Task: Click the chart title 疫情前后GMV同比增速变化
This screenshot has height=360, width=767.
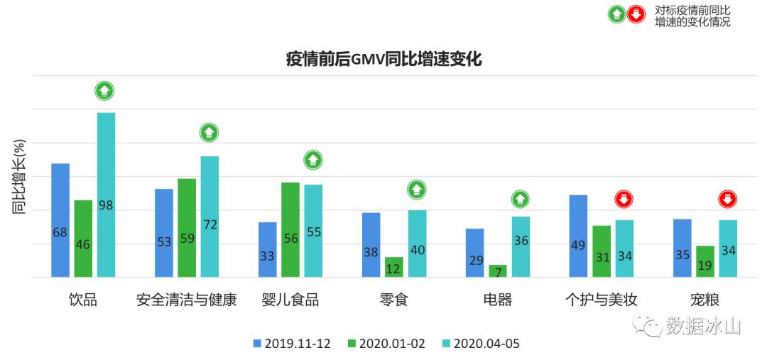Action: tap(383, 60)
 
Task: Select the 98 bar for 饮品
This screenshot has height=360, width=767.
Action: tap(106, 195)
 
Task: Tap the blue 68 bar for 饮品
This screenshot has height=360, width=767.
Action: tap(60, 220)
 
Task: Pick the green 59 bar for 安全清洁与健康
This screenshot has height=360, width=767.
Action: tap(187, 227)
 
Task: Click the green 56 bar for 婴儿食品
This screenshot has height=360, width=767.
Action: tap(290, 229)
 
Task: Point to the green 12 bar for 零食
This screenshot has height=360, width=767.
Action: tap(394, 267)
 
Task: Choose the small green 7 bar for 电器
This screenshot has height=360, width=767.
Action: tap(498, 271)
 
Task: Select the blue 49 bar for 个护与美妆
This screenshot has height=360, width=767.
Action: tap(578, 236)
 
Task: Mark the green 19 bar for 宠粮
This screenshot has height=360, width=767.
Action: tap(705, 261)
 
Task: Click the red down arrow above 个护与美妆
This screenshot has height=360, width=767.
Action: tap(624, 200)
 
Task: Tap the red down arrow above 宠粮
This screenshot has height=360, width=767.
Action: tap(727, 200)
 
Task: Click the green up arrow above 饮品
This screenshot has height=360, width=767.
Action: tap(105, 91)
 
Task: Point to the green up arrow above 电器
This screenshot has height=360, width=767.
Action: tap(521, 200)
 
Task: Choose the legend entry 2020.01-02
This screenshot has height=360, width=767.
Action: tap(386, 344)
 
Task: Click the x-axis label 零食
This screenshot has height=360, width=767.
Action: tap(394, 300)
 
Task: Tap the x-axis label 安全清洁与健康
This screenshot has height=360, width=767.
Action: tap(186, 300)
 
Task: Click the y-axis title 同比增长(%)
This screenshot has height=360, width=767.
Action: tap(19, 178)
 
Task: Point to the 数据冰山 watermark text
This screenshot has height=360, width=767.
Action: tap(703, 326)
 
